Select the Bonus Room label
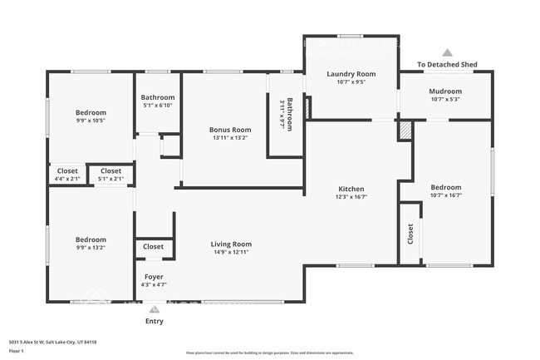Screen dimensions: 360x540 click(230, 130)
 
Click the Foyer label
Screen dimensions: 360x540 click(154, 276)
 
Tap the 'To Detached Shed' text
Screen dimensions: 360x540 click(447, 64)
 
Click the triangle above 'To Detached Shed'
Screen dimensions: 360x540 click(447, 52)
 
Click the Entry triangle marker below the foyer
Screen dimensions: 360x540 click(154, 309)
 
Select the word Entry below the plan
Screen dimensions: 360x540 click(155, 321)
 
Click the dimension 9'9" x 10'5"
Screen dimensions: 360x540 click(91, 121)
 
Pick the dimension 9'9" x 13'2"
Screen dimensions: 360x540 click(91, 248)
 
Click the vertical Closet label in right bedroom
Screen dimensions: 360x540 click(410, 234)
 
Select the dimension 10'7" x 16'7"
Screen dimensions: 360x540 click(447, 197)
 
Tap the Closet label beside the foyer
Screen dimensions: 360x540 click(154, 247)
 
